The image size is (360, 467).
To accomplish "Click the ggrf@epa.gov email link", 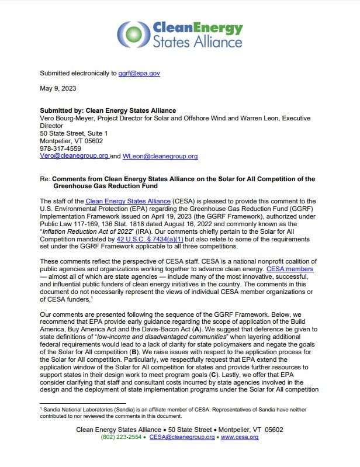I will (x=139, y=73).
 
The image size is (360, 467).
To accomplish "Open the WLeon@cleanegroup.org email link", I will (x=160, y=156).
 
